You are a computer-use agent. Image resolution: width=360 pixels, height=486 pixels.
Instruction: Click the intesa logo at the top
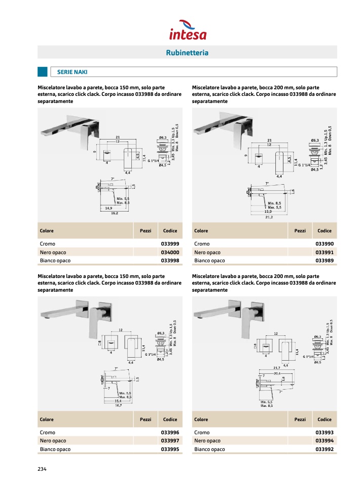[187, 30]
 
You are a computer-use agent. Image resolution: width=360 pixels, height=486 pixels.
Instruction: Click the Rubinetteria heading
[187, 53]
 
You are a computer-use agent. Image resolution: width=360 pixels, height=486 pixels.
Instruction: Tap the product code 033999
[170, 244]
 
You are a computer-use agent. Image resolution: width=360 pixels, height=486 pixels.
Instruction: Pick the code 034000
[170, 252]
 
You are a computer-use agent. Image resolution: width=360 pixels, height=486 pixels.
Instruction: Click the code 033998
[170, 261]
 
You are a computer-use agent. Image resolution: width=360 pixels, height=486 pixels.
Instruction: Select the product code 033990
[325, 244]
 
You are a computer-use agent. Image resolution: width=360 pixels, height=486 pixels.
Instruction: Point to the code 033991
[325, 252]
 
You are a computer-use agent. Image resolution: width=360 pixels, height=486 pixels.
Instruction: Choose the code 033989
[325, 261]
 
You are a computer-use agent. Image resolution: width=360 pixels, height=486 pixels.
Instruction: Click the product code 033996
[170, 432]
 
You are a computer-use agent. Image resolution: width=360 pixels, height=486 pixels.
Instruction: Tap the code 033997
[170, 440]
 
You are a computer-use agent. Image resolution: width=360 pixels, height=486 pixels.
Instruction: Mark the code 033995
[170, 449]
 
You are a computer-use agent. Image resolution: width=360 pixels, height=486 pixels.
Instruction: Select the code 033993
[325, 432]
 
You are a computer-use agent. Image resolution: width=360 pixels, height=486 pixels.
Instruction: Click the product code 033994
[325, 440]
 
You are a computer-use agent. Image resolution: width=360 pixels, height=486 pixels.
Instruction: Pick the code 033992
[325, 449]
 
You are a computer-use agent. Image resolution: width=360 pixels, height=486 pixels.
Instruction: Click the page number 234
[42, 469]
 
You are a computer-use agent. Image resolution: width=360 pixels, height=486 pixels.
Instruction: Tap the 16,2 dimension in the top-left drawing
[114, 213]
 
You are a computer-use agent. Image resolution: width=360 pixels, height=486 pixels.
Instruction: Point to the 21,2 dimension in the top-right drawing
[268, 217]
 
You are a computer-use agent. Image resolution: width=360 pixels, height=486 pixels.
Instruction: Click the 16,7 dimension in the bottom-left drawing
[118, 405]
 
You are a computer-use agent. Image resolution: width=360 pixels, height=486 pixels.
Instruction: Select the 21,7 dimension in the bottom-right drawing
[277, 368]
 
